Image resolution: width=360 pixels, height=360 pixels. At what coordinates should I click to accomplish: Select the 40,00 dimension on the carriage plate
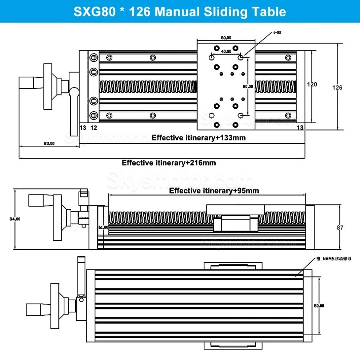coord(226,51)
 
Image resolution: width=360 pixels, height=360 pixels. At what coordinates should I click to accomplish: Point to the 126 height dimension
coord(337,87)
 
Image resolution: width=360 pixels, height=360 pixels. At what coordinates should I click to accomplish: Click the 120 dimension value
coord(312,84)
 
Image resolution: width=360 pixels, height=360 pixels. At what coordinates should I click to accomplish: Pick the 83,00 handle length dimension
coord(49,143)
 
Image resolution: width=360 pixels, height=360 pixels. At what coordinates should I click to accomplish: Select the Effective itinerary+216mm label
coord(169,163)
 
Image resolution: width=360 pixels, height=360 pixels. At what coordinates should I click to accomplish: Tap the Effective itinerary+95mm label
coord(214,191)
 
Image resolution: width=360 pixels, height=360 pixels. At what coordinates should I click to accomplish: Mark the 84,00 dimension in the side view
coord(15,219)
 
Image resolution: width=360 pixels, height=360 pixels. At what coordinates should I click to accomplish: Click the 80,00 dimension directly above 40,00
coord(226,37)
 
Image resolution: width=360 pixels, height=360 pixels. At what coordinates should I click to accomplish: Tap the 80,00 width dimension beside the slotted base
coord(319,306)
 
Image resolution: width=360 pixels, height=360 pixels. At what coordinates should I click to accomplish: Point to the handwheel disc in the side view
coord(57,217)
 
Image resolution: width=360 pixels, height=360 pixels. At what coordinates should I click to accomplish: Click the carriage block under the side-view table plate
coord(236,223)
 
